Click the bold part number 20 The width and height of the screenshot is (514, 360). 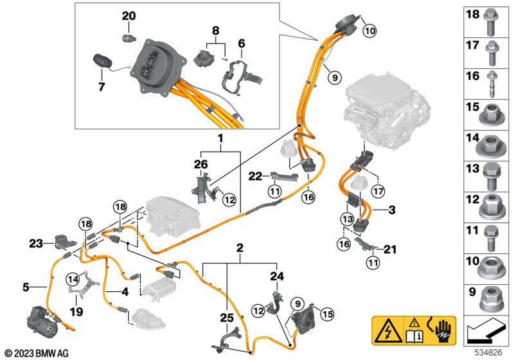[128, 15]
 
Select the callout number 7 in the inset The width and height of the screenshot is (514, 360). [101, 85]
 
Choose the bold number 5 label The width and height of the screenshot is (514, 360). [25, 287]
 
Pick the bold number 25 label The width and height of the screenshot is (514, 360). [227, 318]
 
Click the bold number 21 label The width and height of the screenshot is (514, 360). [389, 249]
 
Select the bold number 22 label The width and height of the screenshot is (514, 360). [256, 175]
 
